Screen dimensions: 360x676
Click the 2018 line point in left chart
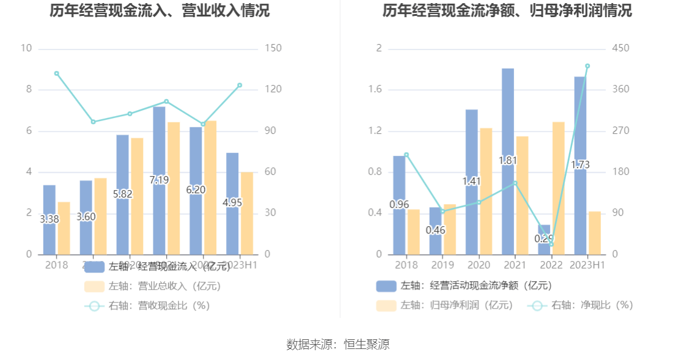57,73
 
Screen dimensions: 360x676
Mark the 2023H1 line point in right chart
587,66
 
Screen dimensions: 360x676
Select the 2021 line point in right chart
515,183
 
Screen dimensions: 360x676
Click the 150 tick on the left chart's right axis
273,48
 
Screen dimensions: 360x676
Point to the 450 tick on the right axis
621,48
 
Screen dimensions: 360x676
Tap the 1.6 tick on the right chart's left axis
375,89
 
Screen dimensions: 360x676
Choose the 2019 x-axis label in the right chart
443,265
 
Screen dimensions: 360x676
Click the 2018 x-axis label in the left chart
57,265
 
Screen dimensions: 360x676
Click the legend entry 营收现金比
147,306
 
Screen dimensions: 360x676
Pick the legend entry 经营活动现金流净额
464,285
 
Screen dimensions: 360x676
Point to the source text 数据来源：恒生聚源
338,344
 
